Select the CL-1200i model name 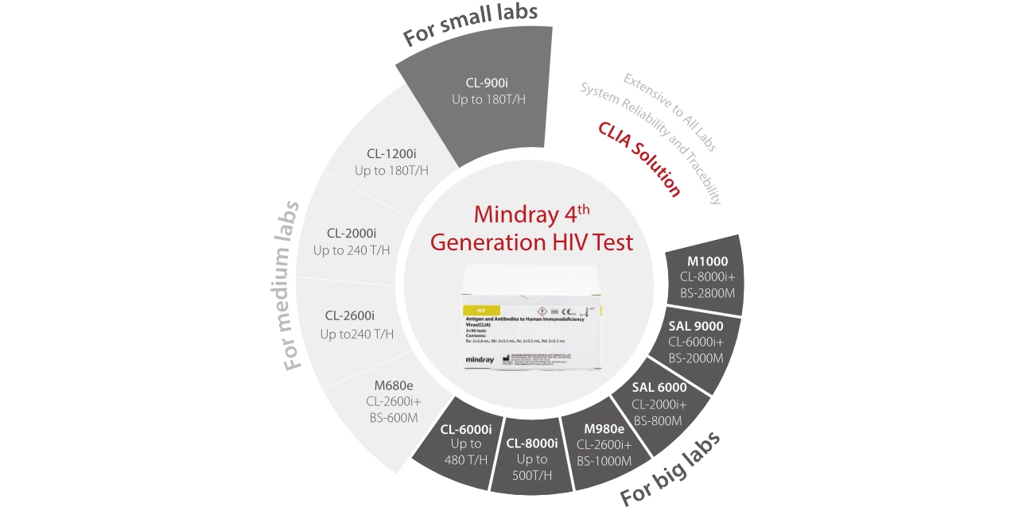[x=391, y=153]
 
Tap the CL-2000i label [x=352, y=234]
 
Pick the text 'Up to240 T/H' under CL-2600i [x=357, y=334]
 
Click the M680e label [x=394, y=386]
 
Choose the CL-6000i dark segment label [x=466, y=429]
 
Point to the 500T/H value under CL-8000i [x=532, y=476]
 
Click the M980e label [x=604, y=429]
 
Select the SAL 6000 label [x=659, y=388]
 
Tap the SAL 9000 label [x=696, y=326]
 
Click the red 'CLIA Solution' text [x=639, y=159]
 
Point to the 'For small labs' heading [x=470, y=24]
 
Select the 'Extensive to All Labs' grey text [x=669, y=111]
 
